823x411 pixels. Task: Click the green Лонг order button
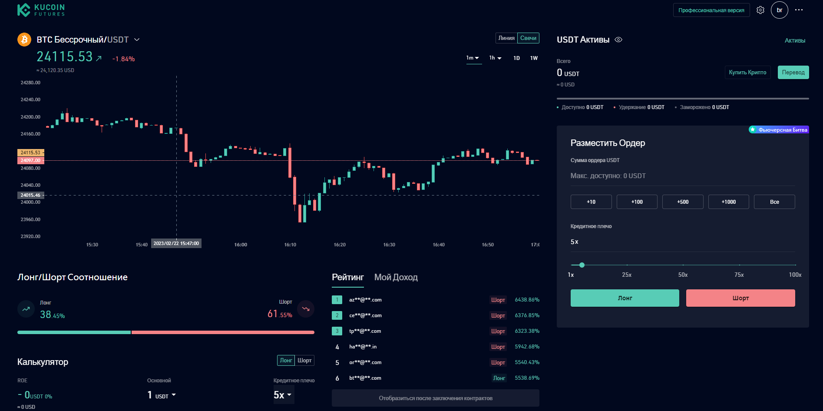[625, 298]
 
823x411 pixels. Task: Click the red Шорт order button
[740, 298]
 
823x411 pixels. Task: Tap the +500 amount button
[683, 202]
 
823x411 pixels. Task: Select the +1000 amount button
[728, 202]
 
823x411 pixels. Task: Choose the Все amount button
[774, 202]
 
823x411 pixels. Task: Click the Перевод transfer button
[793, 73]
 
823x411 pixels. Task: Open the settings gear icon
[760, 10]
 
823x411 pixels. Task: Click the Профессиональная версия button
[711, 10]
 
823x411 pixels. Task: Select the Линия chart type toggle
[506, 38]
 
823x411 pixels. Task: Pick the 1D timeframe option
[516, 58]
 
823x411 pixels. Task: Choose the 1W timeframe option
[534, 58]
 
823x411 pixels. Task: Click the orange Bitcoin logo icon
[24, 40]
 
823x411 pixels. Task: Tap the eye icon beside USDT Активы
[619, 40]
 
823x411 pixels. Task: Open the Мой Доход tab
[396, 277]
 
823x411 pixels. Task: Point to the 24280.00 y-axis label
[30, 83]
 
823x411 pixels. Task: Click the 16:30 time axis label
[389, 245]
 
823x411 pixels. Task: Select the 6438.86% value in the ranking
[527, 300]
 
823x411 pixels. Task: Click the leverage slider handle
[582, 265]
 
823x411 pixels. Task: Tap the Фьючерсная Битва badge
[779, 130]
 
